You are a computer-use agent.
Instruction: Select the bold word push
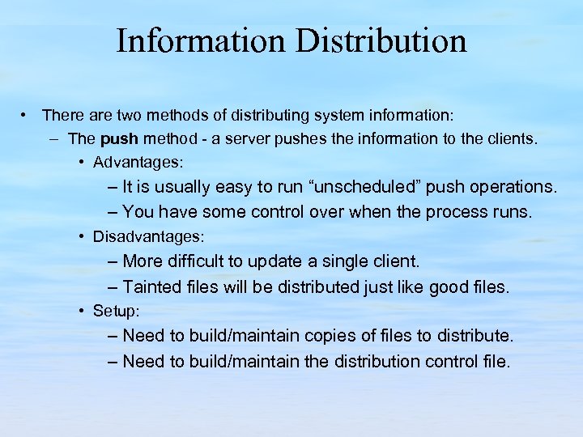pos(120,138)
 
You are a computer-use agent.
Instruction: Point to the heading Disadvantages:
pos(149,237)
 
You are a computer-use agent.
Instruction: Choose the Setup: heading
pos(117,311)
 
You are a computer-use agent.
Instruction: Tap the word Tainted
pos(151,286)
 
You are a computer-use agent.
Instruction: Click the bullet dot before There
pos(27,115)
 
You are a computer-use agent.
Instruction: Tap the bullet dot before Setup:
pos(83,311)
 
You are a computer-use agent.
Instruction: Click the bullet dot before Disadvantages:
pos(83,237)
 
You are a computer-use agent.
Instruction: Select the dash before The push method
pos(53,138)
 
